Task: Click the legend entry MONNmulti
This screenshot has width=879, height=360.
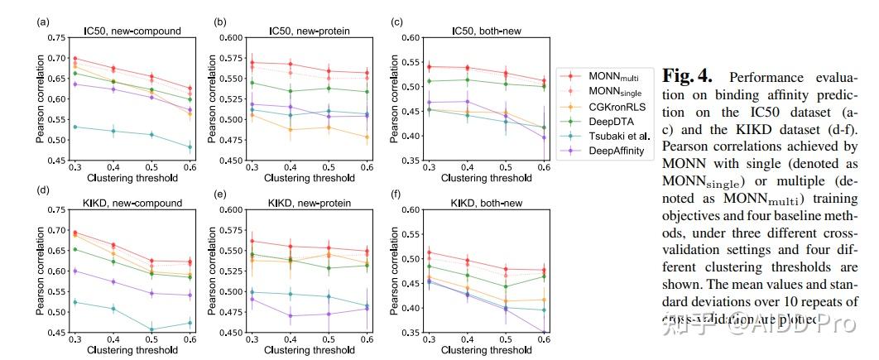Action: (613, 75)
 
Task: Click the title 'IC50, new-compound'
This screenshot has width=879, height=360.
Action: (132, 31)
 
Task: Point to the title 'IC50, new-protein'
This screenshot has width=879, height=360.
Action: (310, 31)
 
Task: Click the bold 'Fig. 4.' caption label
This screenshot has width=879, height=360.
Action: (687, 77)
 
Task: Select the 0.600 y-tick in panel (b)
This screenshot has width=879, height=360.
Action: (231, 38)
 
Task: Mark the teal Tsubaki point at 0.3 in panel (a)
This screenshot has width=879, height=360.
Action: (75, 127)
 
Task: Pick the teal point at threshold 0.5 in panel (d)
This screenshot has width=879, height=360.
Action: (151, 329)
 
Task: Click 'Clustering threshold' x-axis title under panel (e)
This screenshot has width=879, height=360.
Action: (310, 350)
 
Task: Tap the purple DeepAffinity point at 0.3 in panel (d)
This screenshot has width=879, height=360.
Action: (75, 271)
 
